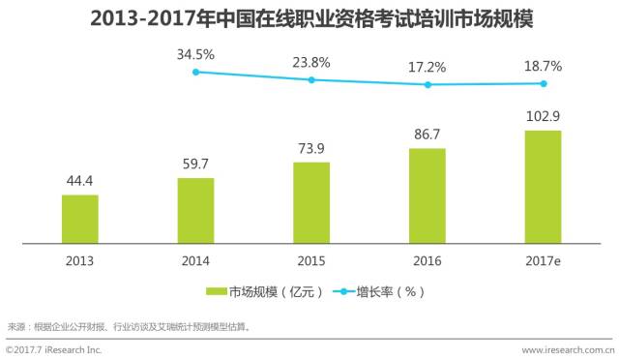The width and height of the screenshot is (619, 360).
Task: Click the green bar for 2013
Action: click(79, 219)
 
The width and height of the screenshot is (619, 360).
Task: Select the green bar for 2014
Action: click(195, 210)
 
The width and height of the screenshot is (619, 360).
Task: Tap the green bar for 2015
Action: click(311, 202)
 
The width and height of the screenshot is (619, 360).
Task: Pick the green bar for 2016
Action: click(427, 195)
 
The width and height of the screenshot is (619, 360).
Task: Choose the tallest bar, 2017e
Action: click(543, 187)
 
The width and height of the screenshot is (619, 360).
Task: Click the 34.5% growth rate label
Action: click(195, 55)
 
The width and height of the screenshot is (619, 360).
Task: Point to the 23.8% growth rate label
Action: click(311, 63)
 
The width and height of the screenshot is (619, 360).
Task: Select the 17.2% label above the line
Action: click(427, 68)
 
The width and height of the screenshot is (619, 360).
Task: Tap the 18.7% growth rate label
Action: click(543, 67)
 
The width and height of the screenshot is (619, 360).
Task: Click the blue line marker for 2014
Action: click(195, 72)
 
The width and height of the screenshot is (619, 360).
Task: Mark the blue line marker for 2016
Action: click(427, 84)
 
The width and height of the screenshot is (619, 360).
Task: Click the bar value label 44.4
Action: click(79, 182)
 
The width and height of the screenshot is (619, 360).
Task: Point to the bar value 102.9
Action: click(543, 117)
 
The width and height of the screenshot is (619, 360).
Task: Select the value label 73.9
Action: click(311, 148)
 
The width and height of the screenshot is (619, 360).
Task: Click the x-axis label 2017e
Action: click(543, 261)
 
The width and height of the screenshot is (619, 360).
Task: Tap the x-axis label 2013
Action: click(79, 261)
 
